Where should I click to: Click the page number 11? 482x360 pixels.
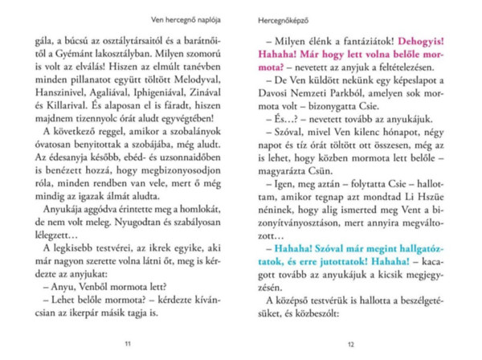pyautogui.click(x=128, y=344)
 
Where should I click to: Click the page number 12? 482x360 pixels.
pyautogui.click(x=350, y=344)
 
